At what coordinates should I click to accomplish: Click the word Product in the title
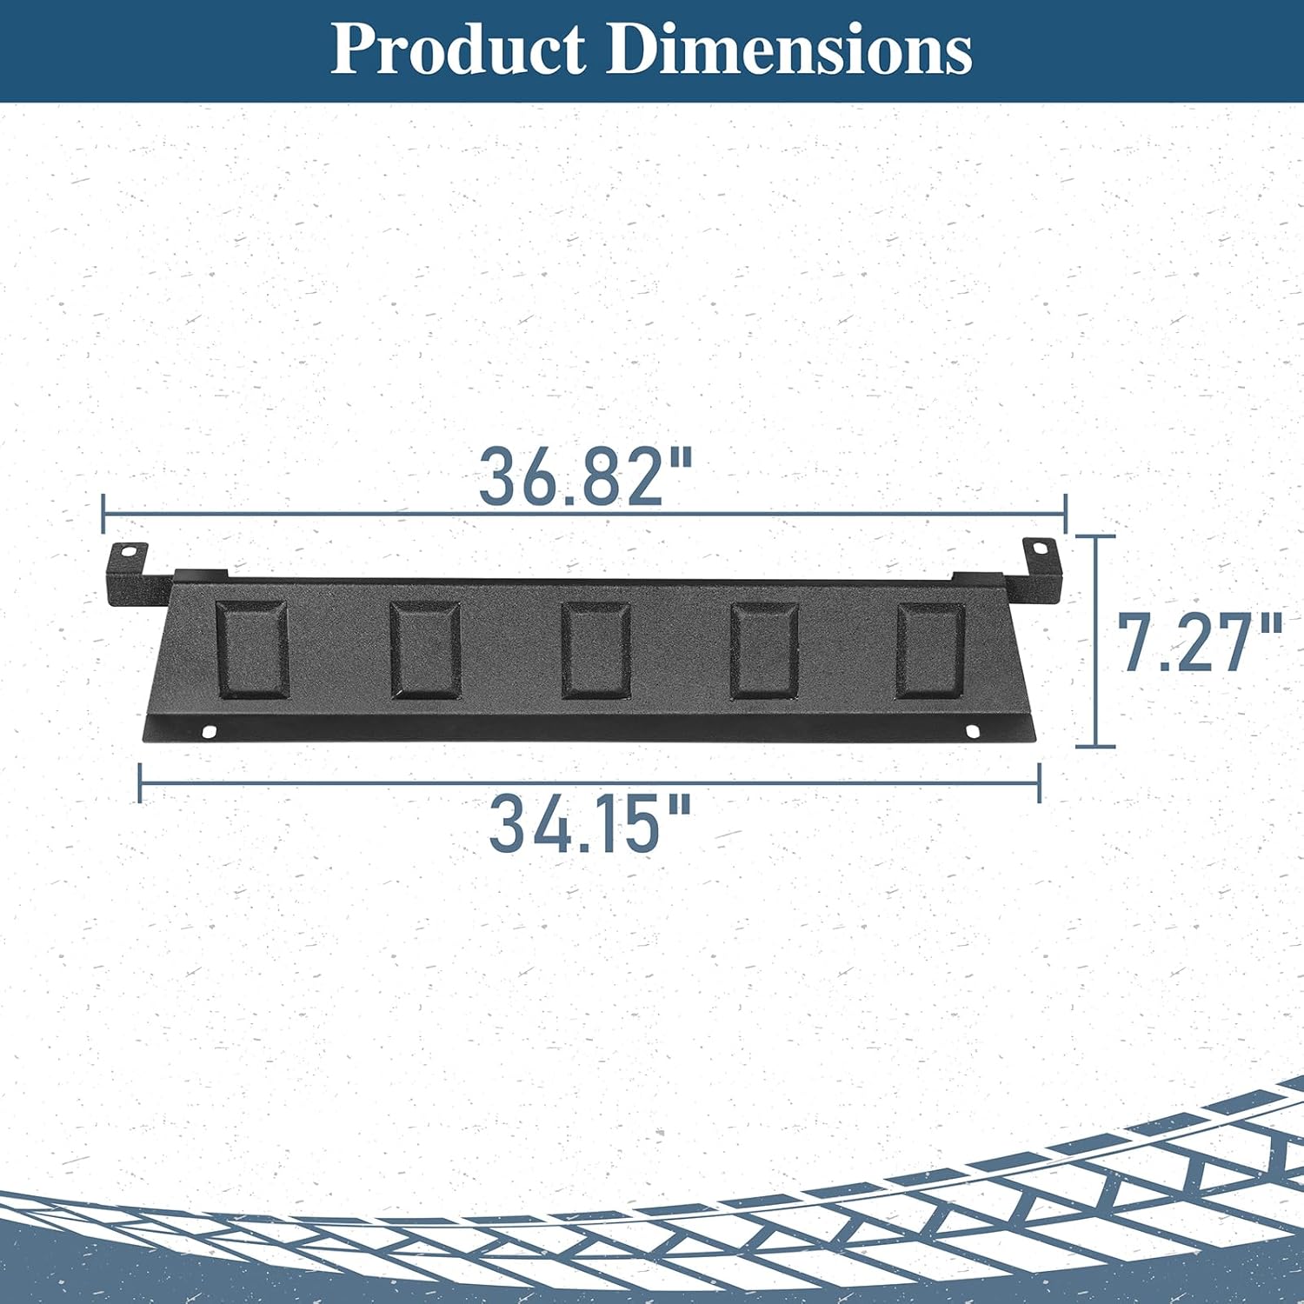click(458, 50)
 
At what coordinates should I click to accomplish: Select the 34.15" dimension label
click(590, 823)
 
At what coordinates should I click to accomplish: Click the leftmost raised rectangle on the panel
click(251, 649)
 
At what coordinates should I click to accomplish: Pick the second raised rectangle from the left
click(425, 649)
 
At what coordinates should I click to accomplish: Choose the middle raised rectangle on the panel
click(595, 649)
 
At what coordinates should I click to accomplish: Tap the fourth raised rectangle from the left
click(764, 649)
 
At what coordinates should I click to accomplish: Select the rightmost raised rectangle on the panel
click(930, 649)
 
